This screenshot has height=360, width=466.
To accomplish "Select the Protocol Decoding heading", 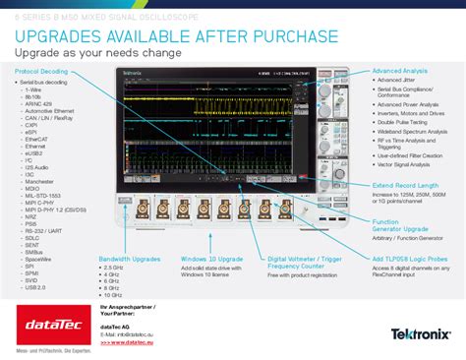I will click(41, 71).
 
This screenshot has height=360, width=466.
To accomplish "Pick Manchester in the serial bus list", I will click(40, 182).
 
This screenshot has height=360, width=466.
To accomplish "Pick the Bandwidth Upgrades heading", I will click(129, 259).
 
